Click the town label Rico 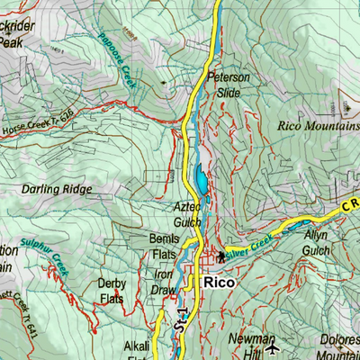coord(220,282)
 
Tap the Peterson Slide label coord(228,85)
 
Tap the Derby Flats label coord(111,291)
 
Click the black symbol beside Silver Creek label coord(220,256)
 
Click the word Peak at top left coord(11,41)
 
